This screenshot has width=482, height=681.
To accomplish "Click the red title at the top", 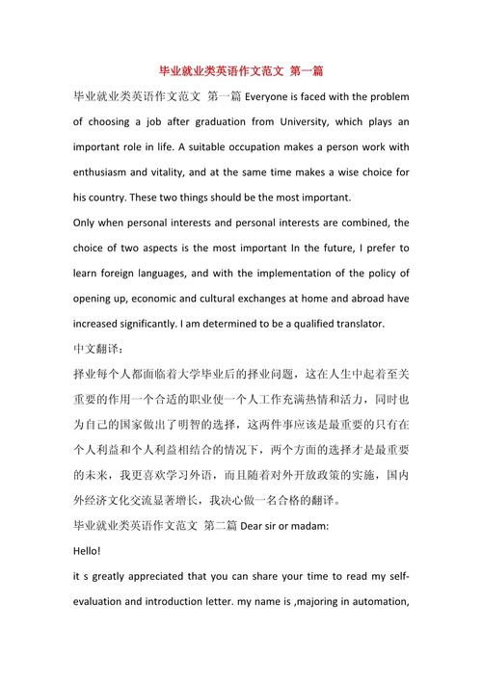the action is [241, 70].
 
